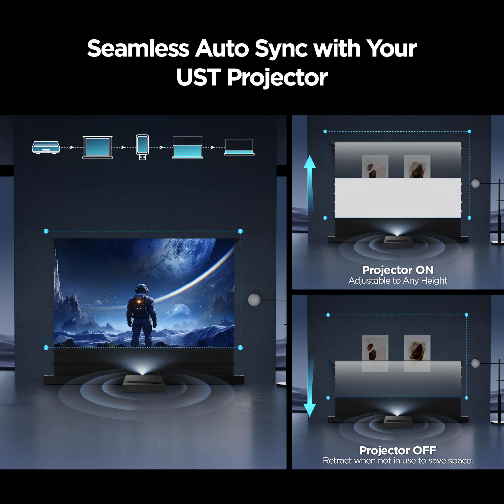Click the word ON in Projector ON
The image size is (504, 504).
424,270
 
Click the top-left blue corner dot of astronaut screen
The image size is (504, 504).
46,231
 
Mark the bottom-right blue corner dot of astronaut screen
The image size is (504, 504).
240,347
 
